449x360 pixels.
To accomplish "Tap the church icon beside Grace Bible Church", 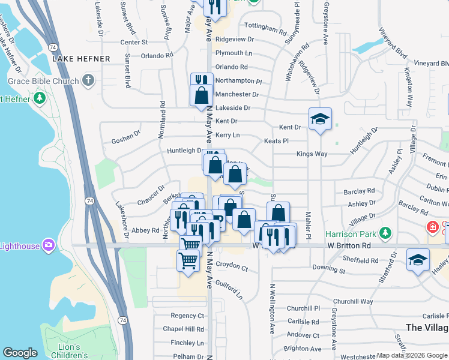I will coord(88,80).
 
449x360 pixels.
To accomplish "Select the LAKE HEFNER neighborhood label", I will coord(81,59).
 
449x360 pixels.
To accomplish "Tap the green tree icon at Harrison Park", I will coord(385,233).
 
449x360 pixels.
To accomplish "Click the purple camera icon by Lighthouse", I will coord(49,245).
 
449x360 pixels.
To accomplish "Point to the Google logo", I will coord(20,353).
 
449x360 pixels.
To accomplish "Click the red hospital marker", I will coord(432,227).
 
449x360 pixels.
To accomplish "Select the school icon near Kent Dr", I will coord(321,119).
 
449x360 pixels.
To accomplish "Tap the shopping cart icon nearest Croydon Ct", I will coord(188,261).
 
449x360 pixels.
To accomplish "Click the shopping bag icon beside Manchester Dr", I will coord(201,95).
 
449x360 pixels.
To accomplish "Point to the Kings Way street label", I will coord(312,154).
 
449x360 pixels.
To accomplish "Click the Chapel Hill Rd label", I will coord(184,329).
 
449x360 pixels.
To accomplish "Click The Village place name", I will coord(427,328).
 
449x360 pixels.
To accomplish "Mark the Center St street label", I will coord(134,43).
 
